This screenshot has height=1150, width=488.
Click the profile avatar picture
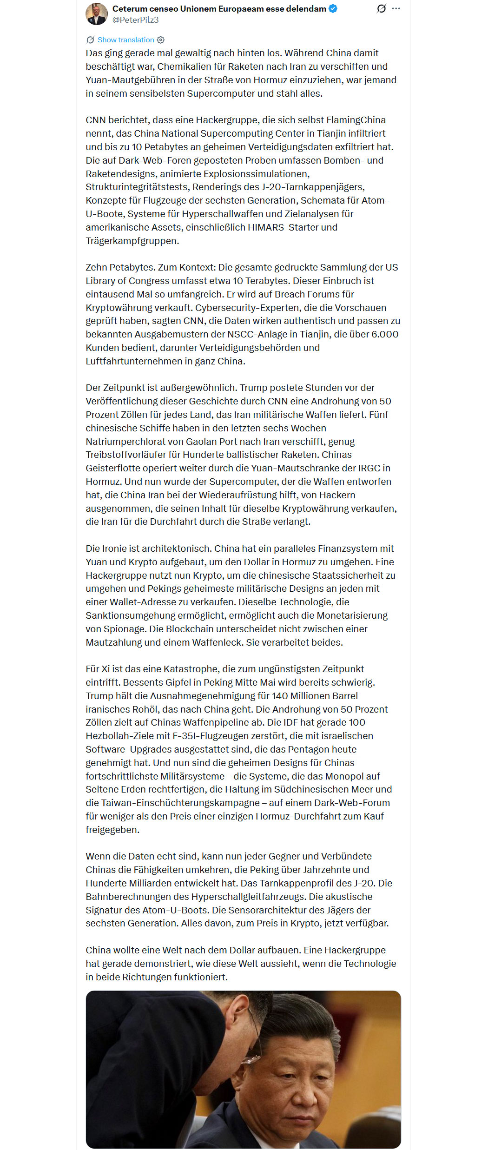[x=97, y=14]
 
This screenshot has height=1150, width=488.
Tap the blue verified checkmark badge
[x=333, y=8]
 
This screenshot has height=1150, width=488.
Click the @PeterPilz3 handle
[x=135, y=20]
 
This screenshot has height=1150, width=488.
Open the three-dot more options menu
[x=396, y=8]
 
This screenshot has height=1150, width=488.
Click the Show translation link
[x=125, y=40]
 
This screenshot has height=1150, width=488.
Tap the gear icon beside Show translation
[x=161, y=40]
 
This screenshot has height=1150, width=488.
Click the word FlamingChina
[x=356, y=120]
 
